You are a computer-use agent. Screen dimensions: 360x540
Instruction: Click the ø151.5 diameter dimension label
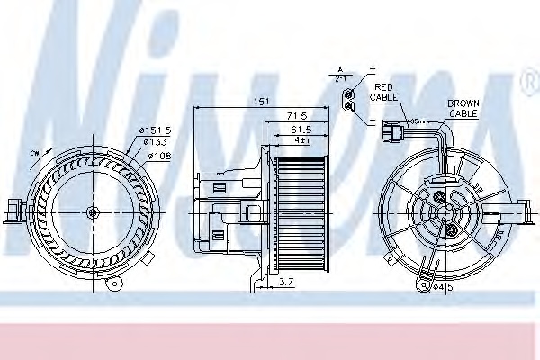click(156, 131)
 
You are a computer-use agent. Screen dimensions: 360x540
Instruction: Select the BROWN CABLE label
click(463, 110)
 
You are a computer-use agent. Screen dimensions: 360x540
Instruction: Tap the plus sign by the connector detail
click(372, 69)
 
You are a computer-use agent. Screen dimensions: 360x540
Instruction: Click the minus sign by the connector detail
click(372, 119)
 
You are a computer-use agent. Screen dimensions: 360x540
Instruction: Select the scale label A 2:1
click(340, 73)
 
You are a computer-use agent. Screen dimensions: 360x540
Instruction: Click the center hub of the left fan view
click(92, 212)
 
